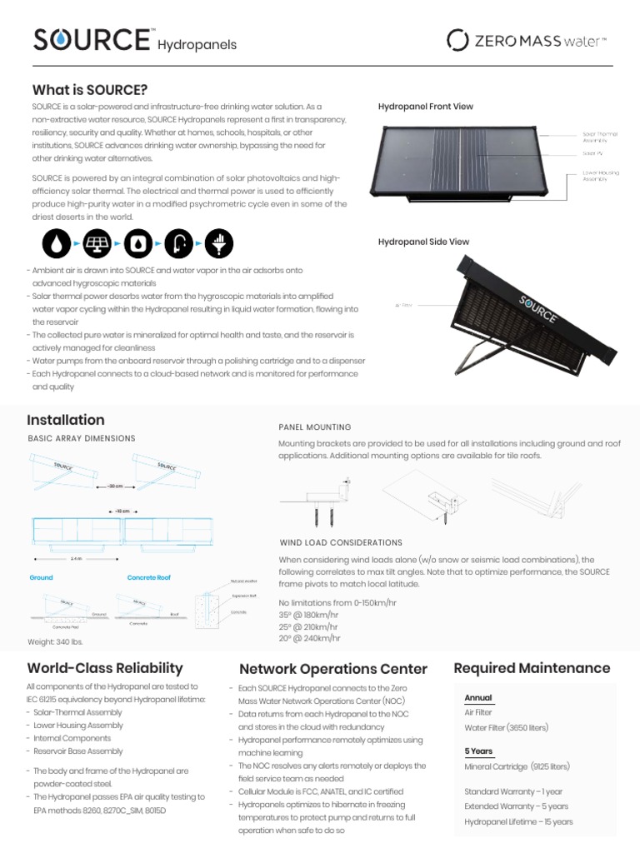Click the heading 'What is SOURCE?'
pos(89,89)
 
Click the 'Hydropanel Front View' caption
pos(426,107)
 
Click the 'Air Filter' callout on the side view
pos(404,306)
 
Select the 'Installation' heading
pos(66,420)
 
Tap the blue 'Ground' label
pos(41,577)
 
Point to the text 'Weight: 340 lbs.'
pos(56,641)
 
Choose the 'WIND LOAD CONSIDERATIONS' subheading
pos(341,542)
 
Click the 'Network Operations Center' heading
pos(333,669)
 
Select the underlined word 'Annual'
pos(478,698)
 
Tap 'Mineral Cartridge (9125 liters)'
pos(517,766)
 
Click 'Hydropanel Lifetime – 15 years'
pos(518,822)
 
